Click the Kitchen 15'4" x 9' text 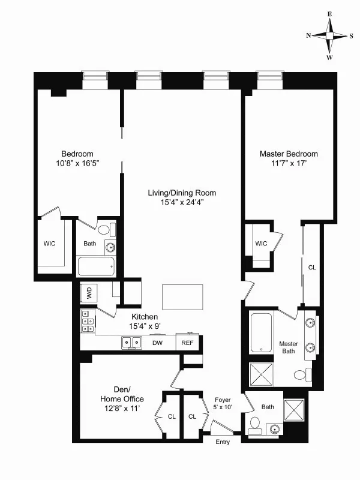(145, 322)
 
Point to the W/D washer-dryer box (89, 293)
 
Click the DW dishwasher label (157, 343)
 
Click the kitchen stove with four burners (86, 321)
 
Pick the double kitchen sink (131, 343)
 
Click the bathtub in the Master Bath (262, 333)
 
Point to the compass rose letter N (308, 35)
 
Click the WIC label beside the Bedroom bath (50, 244)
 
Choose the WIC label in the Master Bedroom (261, 243)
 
